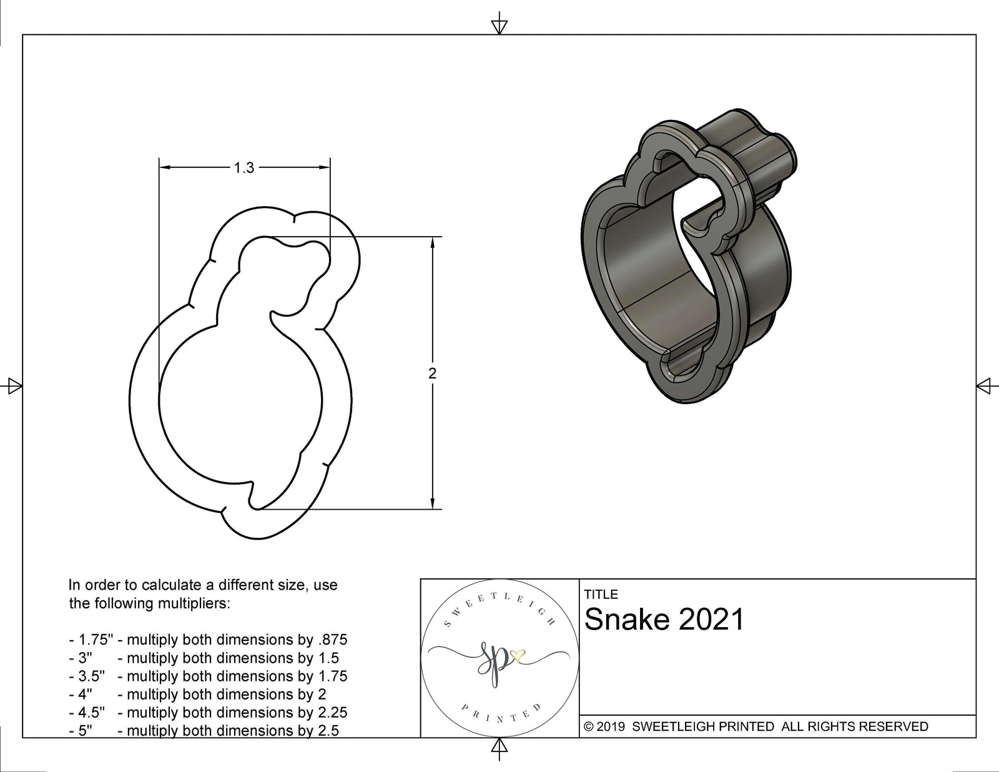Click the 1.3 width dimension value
244,168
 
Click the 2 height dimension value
432,374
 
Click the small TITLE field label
601,595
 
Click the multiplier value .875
332,640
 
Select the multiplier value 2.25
332,712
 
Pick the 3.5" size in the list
92,676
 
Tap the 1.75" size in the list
96,640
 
